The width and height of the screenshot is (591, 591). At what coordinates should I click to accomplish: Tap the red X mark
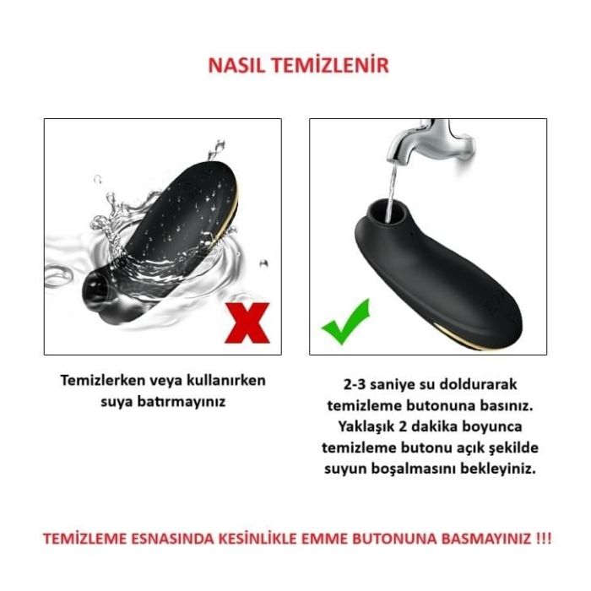[247, 323]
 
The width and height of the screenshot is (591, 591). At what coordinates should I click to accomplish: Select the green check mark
[346, 322]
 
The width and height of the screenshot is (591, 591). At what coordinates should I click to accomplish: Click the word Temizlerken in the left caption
[103, 380]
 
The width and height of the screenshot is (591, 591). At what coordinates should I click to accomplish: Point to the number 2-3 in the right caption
[355, 384]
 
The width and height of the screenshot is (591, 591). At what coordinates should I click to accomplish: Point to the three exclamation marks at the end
[544, 539]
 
